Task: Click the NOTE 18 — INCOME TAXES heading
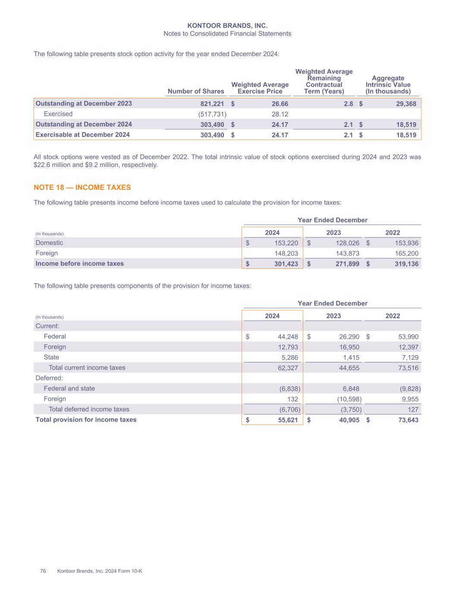pos(82,187)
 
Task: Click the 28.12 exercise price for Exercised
pos(280,114)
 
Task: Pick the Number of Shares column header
pos(196,91)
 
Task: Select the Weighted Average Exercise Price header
pos(260,88)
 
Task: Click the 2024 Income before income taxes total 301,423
pos(286,264)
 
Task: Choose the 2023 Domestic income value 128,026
pos(347,243)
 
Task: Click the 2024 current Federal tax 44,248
pos(286,337)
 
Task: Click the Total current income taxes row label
pos(87,368)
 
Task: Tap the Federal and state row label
pos(69,388)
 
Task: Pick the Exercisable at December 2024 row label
pos(83,135)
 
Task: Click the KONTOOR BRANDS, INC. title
pos(227,26)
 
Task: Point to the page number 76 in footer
pos(43,571)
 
